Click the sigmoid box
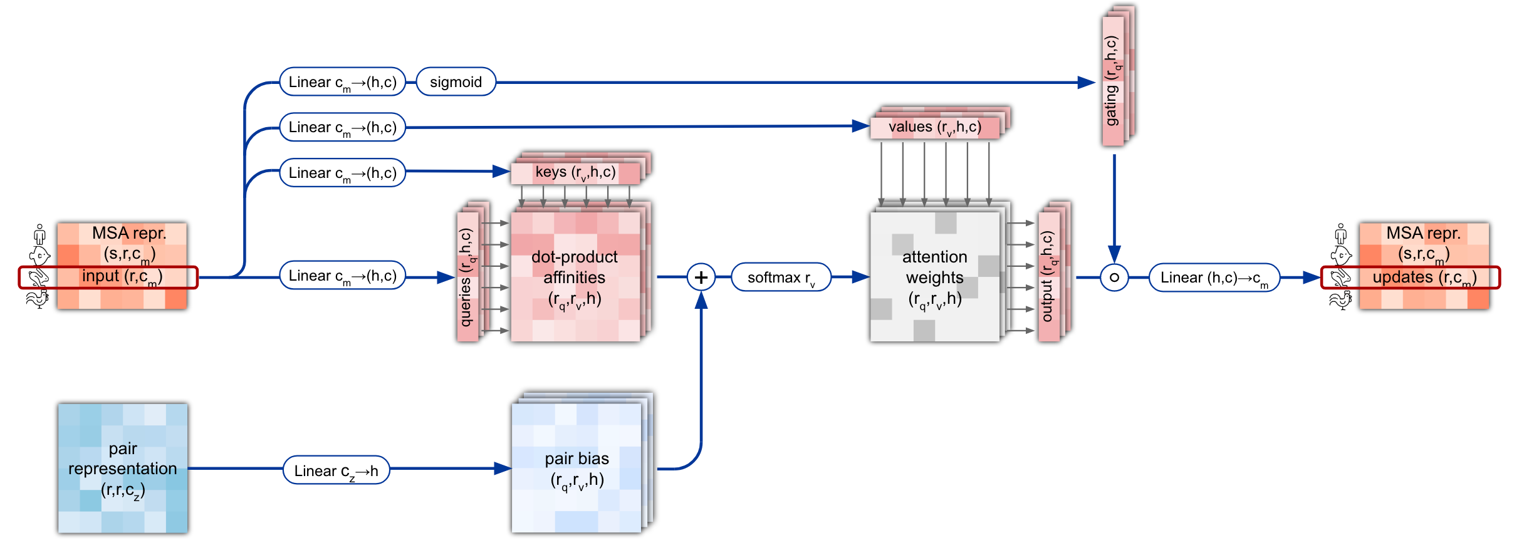(456, 82)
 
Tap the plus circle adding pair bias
(701, 277)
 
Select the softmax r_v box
(781, 277)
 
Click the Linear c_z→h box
(337, 470)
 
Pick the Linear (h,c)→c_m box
(1214, 277)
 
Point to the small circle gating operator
(1114, 277)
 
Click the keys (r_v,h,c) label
(575, 172)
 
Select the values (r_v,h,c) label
(934, 127)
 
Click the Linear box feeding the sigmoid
(342, 82)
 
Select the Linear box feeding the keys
(342, 173)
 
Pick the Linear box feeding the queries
(342, 276)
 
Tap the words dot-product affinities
(575, 267)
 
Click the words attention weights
(934, 267)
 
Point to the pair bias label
(577, 459)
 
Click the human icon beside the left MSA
(40, 234)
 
